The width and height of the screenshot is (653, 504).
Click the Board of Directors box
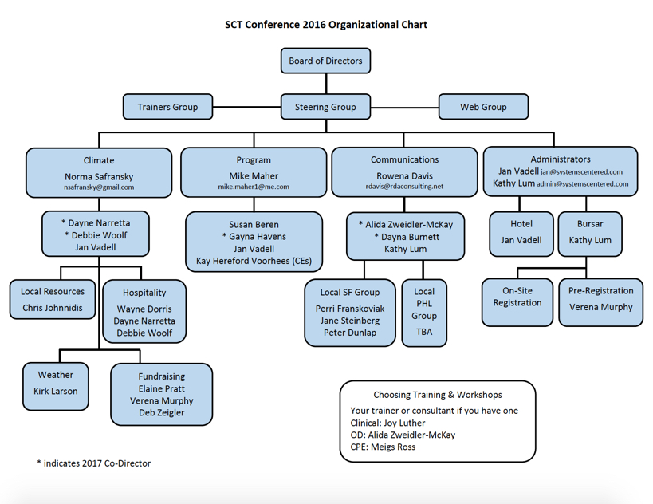click(325, 61)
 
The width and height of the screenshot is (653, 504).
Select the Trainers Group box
click(167, 107)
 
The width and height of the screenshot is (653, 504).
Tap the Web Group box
click(483, 107)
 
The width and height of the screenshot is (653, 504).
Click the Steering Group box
click(325, 107)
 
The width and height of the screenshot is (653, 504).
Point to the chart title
click(325, 24)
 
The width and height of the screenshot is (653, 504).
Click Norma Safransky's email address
click(99, 187)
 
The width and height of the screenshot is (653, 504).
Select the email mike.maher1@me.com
click(254, 187)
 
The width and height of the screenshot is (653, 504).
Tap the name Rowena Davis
click(404, 175)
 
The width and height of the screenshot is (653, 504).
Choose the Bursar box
click(590, 233)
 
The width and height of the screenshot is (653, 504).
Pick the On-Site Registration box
click(517, 302)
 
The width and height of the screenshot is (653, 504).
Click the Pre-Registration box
click(600, 301)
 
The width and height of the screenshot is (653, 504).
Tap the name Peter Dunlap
click(350, 333)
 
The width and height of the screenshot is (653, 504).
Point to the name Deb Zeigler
click(162, 412)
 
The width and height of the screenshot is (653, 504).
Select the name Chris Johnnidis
click(53, 308)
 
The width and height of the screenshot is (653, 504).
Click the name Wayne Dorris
click(144, 309)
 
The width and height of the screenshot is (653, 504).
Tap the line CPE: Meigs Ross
click(383, 447)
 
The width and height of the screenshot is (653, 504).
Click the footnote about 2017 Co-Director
click(93, 463)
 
